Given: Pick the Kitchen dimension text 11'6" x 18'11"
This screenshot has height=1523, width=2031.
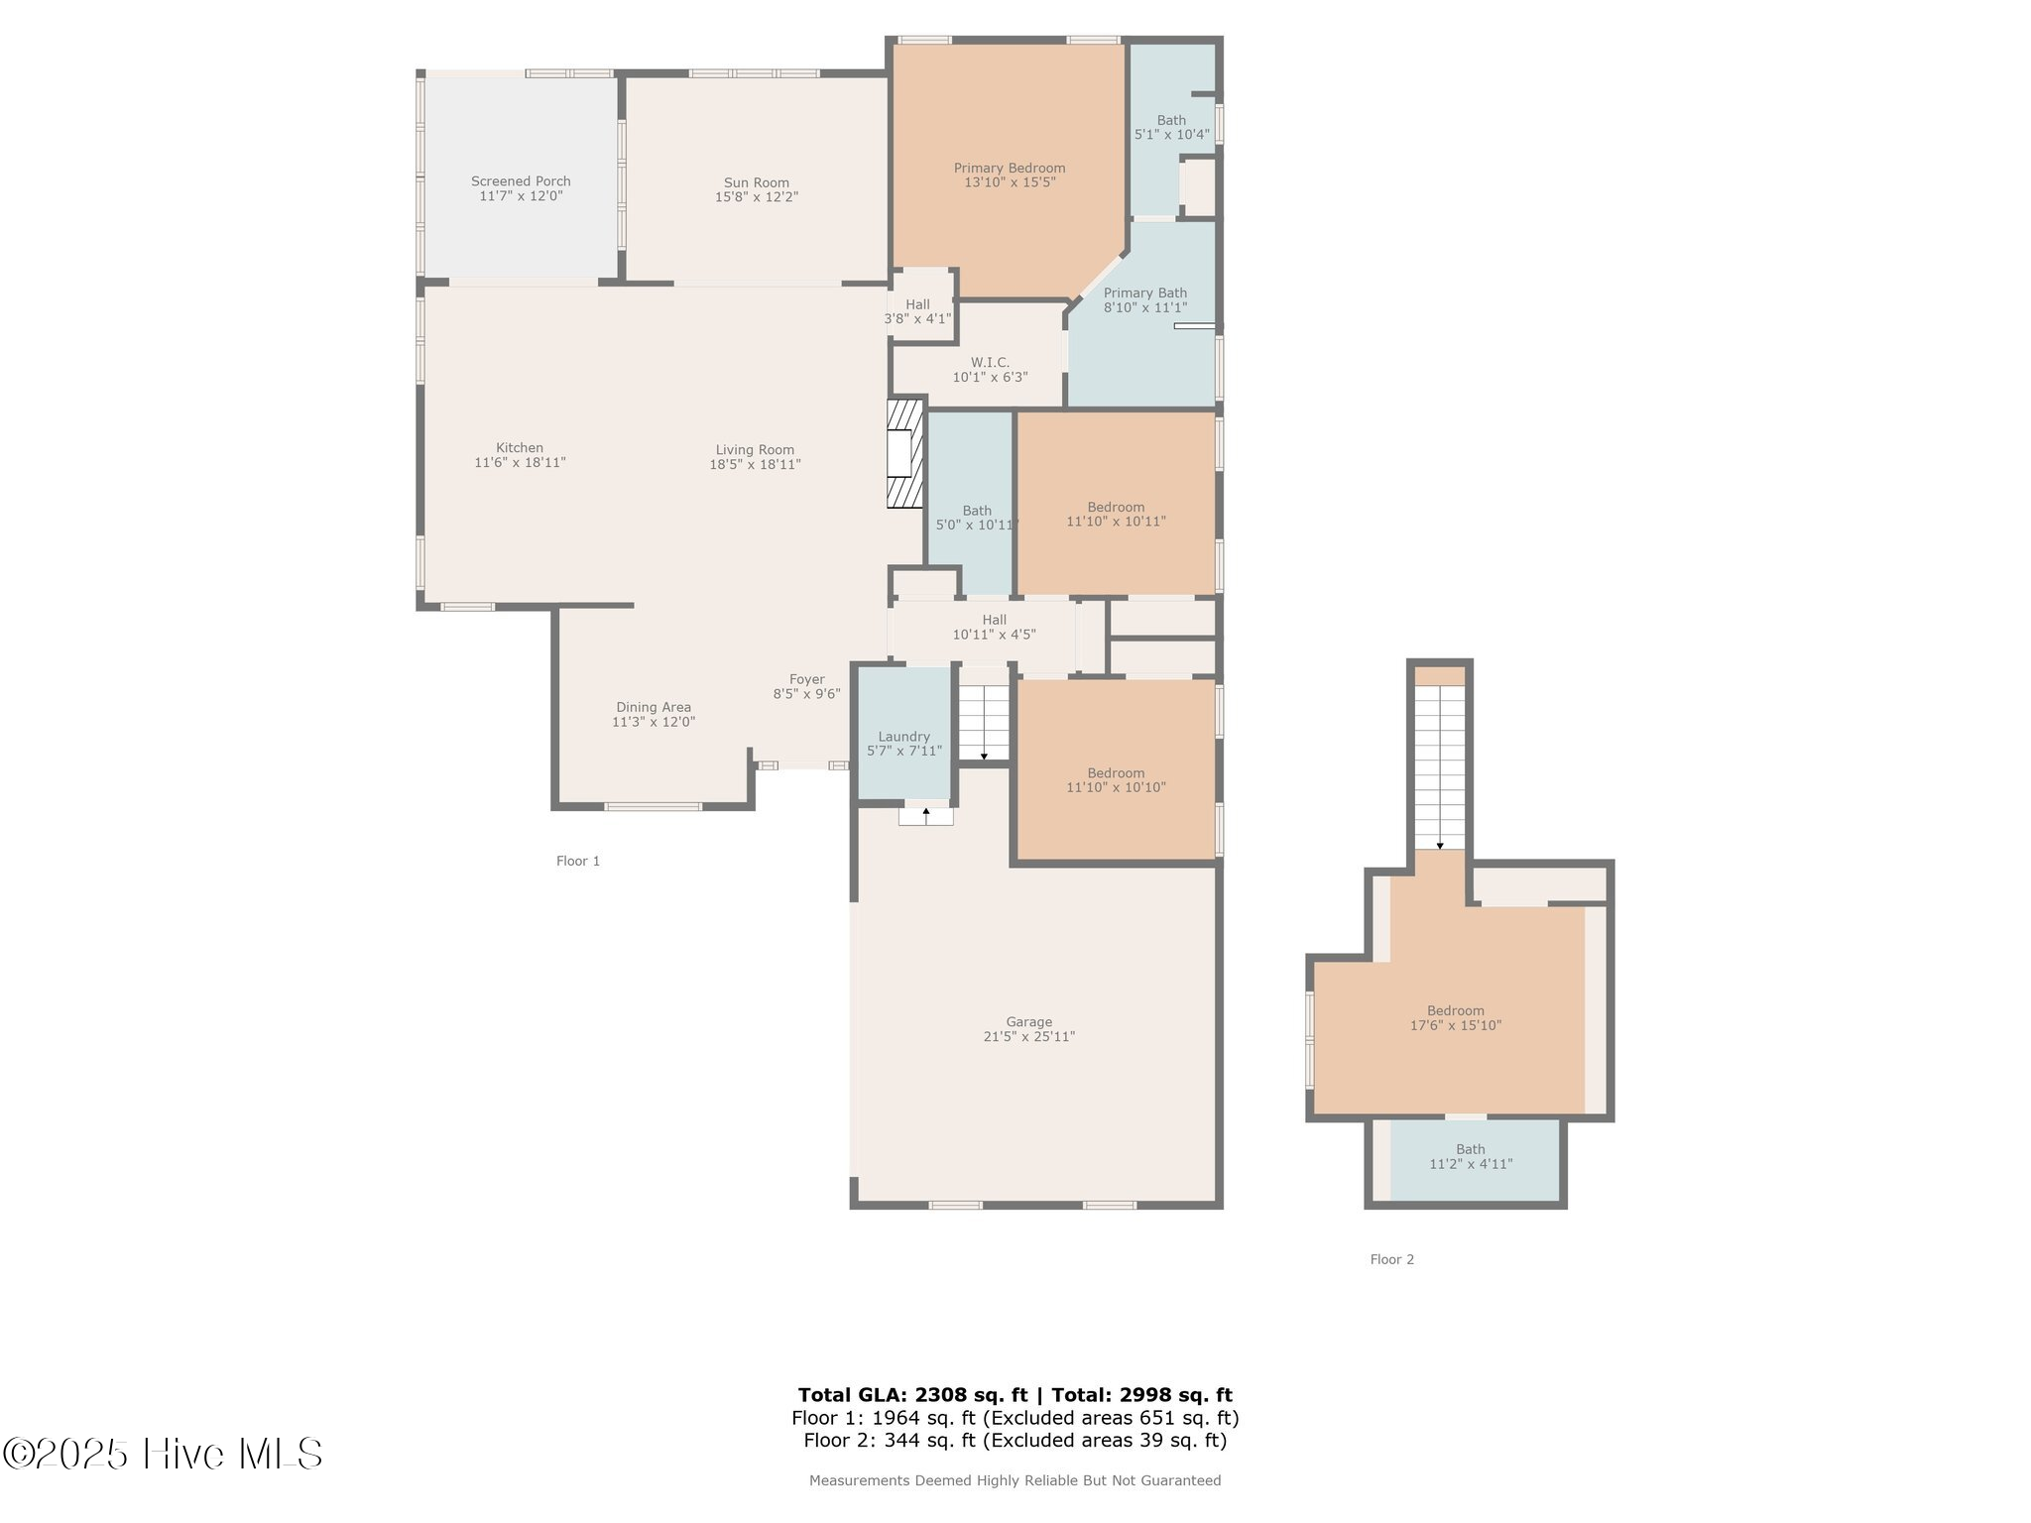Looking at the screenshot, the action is (520, 462).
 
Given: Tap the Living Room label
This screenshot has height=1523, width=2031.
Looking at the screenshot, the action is (755, 449).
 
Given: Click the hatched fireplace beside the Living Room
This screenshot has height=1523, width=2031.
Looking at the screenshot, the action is (904, 454).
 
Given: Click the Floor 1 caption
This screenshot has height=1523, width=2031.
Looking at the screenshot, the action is (578, 861).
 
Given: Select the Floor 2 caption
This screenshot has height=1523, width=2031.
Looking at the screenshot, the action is (1392, 1259).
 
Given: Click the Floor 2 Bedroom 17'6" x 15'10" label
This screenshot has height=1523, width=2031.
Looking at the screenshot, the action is (1456, 1018).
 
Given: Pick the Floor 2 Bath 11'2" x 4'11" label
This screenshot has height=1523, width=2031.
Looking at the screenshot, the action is (1471, 1157).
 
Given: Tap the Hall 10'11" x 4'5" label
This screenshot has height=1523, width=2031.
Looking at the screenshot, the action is (995, 627).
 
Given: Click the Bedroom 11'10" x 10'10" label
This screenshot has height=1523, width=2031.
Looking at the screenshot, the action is (1116, 780).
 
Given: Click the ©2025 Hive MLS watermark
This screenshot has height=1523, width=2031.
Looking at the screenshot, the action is (163, 1454).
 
